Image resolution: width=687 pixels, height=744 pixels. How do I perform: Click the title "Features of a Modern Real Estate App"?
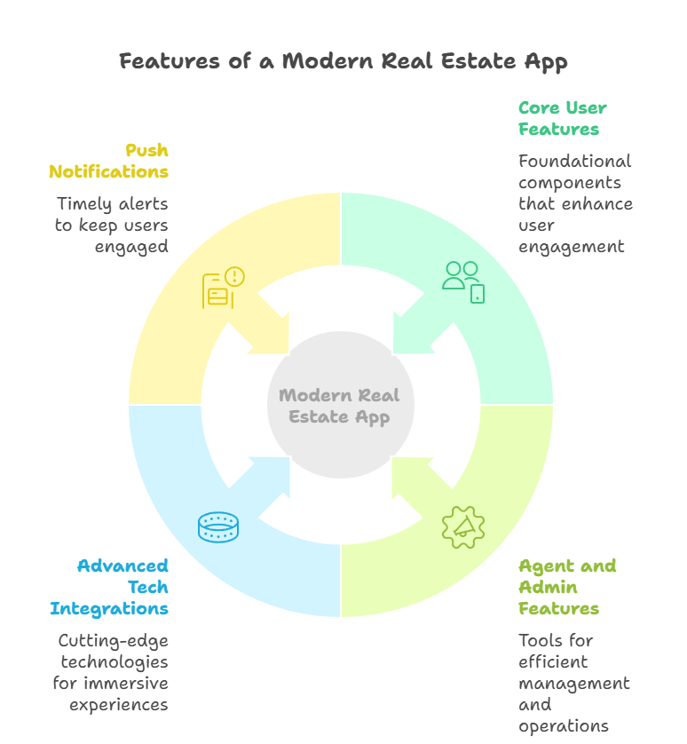(343, 61)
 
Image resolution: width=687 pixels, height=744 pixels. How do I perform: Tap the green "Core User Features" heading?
(562, 119)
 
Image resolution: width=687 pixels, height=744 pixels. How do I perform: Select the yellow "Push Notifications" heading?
(108, 161)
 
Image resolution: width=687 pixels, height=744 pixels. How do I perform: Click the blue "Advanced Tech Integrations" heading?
(109, 587)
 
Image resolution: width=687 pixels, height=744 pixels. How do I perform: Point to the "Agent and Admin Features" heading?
(567, 587)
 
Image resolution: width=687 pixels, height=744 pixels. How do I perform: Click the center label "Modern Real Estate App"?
(340, 406)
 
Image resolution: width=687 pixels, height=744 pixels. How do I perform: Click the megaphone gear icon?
(462, 526)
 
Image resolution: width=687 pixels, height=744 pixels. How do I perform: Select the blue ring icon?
(218, 526)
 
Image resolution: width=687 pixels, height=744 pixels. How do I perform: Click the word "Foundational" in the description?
(574, 162)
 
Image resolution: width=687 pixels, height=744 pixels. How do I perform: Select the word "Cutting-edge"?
(113, 641)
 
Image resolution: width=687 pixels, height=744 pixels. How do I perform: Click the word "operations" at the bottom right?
(564, 726)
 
